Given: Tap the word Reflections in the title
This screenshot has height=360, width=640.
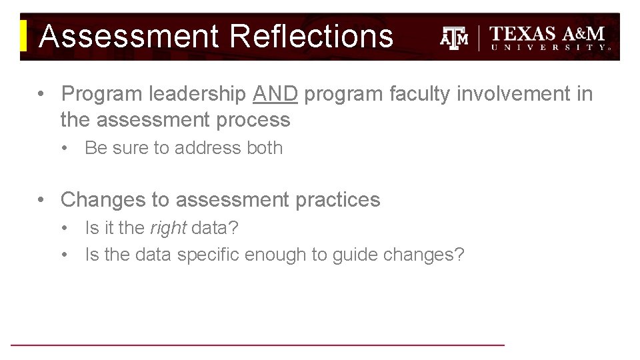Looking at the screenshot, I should coord(312,36).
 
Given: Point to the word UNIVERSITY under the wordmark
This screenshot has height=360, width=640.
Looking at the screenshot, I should coord(549,48).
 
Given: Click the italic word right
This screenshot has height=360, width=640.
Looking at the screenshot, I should coord(168,228).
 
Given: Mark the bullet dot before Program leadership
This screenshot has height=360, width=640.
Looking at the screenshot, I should coord(42,95).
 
